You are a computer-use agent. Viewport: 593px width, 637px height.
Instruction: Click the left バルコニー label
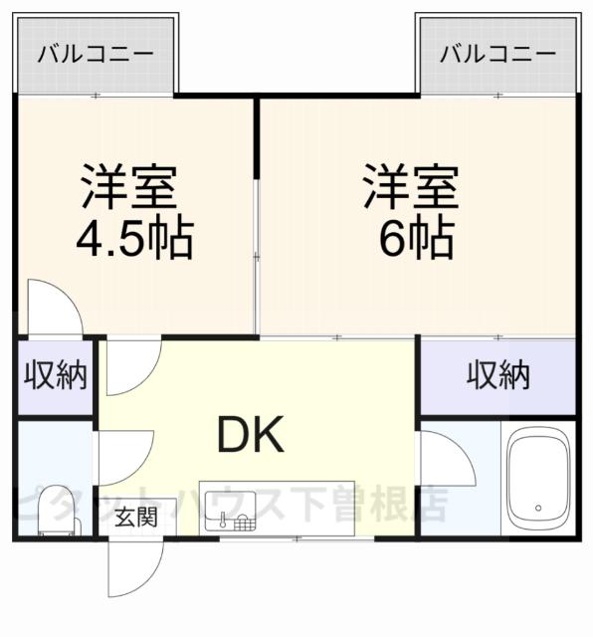click(x=97, y=53)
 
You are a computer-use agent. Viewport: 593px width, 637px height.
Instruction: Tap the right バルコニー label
click(x=498, y=53)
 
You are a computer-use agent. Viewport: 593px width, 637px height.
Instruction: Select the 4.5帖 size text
click(x=133, y=239)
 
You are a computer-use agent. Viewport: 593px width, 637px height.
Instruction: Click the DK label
click(x=251, y=433)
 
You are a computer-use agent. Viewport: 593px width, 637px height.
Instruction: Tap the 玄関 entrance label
click(x=134, y=517)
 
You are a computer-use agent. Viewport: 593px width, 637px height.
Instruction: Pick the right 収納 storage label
click(x=498, y=375)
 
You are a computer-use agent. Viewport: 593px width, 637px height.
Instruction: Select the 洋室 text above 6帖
click(x=409, y=186)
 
